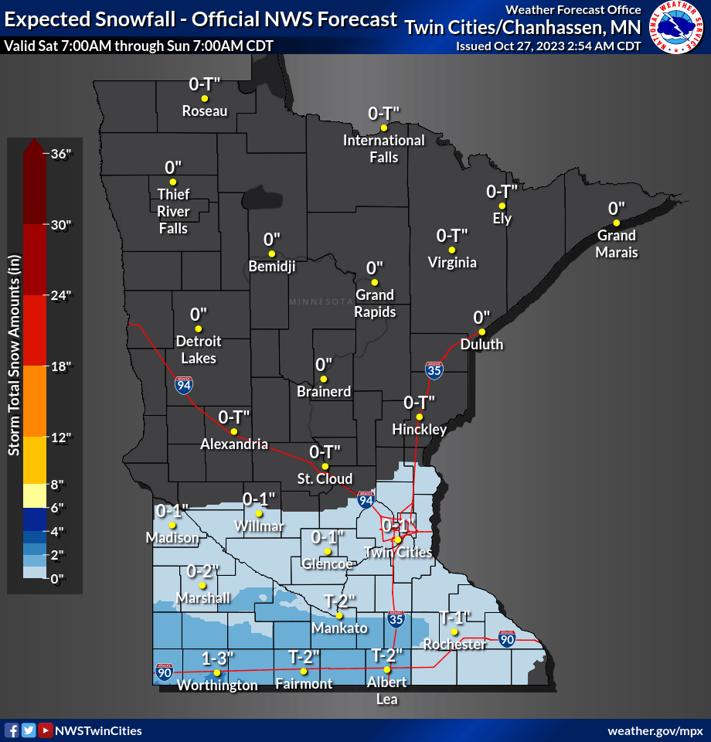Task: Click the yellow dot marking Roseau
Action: click(205, 99)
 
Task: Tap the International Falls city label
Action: click(383, 148)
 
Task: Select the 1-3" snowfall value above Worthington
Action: click(217, 659)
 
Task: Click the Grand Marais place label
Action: click(616, 243)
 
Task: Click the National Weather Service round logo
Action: click(677, 27)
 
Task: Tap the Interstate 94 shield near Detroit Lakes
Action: click(183, 385)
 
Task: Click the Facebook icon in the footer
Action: click(12, 730)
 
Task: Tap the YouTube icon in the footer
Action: click(46, 730)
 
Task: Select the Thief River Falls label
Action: click(173, 211)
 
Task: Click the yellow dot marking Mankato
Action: click(338, 615)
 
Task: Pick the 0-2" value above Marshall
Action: click(203, 571)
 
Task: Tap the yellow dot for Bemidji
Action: click(271, 254)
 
